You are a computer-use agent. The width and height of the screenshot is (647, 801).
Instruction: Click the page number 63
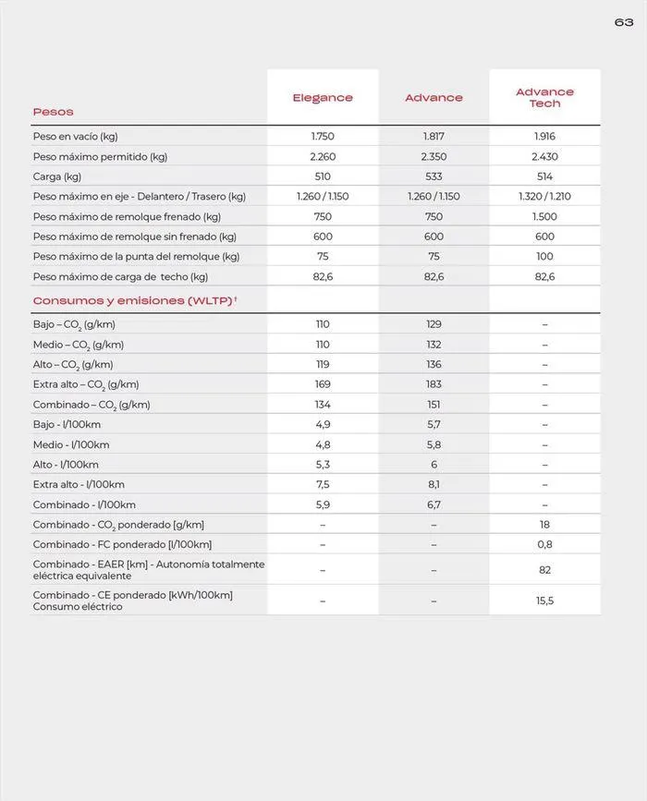pos(624,22)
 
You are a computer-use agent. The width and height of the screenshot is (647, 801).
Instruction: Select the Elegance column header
pos(323,98)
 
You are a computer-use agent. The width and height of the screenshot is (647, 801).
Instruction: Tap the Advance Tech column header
pos(544,98)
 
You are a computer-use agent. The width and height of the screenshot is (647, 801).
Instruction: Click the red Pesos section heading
pos(53,112)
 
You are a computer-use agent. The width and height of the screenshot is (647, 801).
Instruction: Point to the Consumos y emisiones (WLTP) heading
pos(135,301)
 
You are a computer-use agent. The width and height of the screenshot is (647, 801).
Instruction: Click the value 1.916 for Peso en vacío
pos(544,137)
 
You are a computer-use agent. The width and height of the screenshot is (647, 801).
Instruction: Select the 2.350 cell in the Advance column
pos(433,157)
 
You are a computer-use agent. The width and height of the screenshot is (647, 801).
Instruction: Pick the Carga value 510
pos(323,176)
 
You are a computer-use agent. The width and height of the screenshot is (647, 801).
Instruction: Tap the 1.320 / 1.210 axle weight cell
pos(544,197)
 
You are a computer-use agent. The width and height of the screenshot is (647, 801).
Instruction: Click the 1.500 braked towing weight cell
pos(544,217)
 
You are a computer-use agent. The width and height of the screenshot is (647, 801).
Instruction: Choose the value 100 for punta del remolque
pos(544,257)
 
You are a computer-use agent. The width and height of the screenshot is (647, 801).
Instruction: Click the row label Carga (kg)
pos(57,176)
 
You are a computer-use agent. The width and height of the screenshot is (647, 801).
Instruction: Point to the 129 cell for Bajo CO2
pos(433,324)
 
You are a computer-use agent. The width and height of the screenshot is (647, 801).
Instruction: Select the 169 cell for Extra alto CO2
pos(323,384)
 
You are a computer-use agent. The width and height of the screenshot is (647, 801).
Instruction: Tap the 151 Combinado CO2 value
pos(433,405)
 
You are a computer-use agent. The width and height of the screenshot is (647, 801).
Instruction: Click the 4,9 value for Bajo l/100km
pos(323,425)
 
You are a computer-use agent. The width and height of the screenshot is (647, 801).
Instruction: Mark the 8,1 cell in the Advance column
pos(433,485)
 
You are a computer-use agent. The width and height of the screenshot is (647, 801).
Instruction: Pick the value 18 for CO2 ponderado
pos(544,525)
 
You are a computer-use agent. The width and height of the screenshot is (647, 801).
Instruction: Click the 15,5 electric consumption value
pos(544,601)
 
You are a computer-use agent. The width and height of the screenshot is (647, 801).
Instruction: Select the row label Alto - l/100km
pos(66,465)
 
